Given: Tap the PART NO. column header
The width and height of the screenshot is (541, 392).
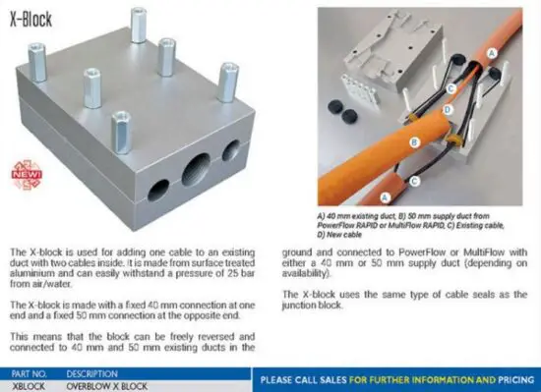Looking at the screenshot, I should (x=29, y=374).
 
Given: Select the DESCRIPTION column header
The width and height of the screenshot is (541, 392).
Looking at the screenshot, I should (x=92, y=374).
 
